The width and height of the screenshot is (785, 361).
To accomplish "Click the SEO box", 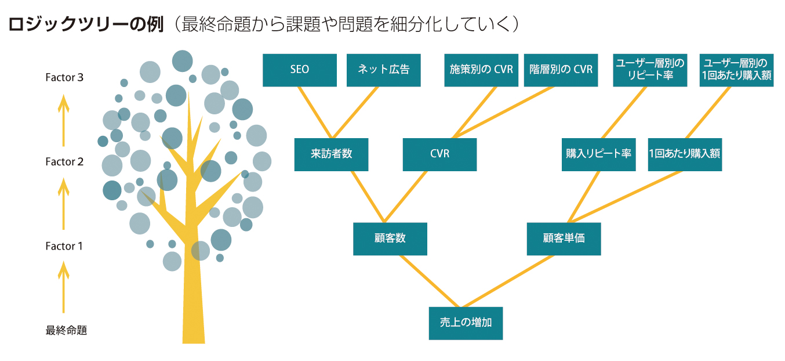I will click(299, 70).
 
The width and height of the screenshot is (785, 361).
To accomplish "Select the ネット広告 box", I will click(383, 70).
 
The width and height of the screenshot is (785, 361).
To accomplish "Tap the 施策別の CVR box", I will click(481, 70).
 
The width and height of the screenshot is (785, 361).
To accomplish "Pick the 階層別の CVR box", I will click(561, 70).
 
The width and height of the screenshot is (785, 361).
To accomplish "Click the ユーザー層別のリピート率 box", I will click(650, 70).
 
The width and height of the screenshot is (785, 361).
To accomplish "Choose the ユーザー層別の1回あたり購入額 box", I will click(737, 70).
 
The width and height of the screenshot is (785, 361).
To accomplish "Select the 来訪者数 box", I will click(331, 154).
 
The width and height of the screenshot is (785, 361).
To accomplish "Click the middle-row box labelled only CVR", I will click(439, 154).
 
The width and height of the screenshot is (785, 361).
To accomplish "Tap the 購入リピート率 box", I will click(598, 154).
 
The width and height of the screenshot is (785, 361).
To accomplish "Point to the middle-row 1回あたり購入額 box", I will click(685, 154).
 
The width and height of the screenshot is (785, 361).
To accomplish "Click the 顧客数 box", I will click(390, 239).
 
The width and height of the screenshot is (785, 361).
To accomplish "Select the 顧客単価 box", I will click(564, 239).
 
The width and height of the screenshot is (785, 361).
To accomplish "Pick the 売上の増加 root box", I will click(466, 323).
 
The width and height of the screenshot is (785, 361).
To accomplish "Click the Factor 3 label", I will click(64, 77).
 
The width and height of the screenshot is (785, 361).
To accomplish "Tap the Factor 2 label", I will click(64, 162).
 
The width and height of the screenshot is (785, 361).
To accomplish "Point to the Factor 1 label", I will click(64, 246).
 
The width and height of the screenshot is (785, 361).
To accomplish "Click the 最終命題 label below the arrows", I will click(66, 331).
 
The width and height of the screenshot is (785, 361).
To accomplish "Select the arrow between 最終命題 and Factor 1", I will click(64, 287).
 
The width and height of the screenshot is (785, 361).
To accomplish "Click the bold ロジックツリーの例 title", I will click(86, 24).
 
